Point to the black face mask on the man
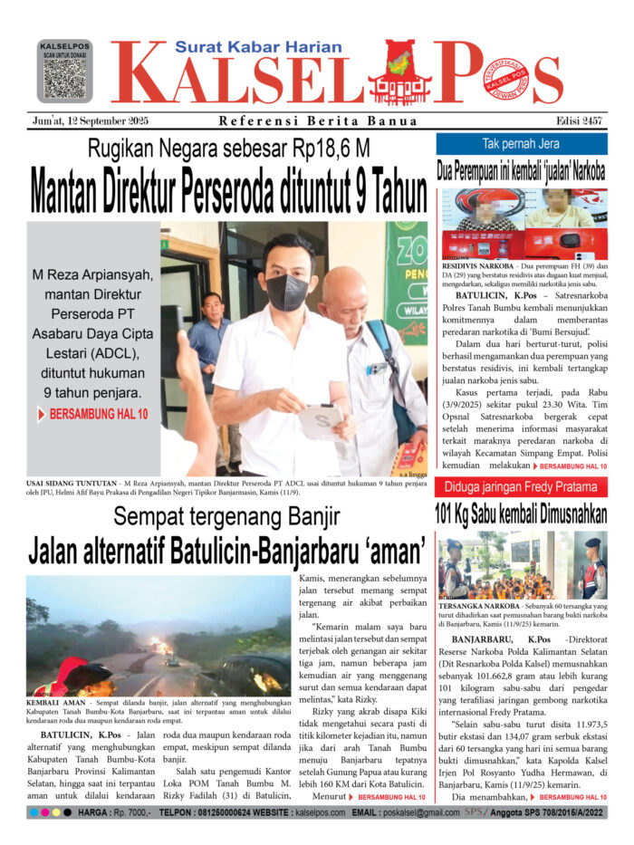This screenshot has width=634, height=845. coord(288,292)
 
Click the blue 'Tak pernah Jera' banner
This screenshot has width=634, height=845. coord(521,144)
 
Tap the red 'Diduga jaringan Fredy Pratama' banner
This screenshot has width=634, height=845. coord(521,488)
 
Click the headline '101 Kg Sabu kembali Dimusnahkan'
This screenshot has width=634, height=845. coord(521,514)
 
